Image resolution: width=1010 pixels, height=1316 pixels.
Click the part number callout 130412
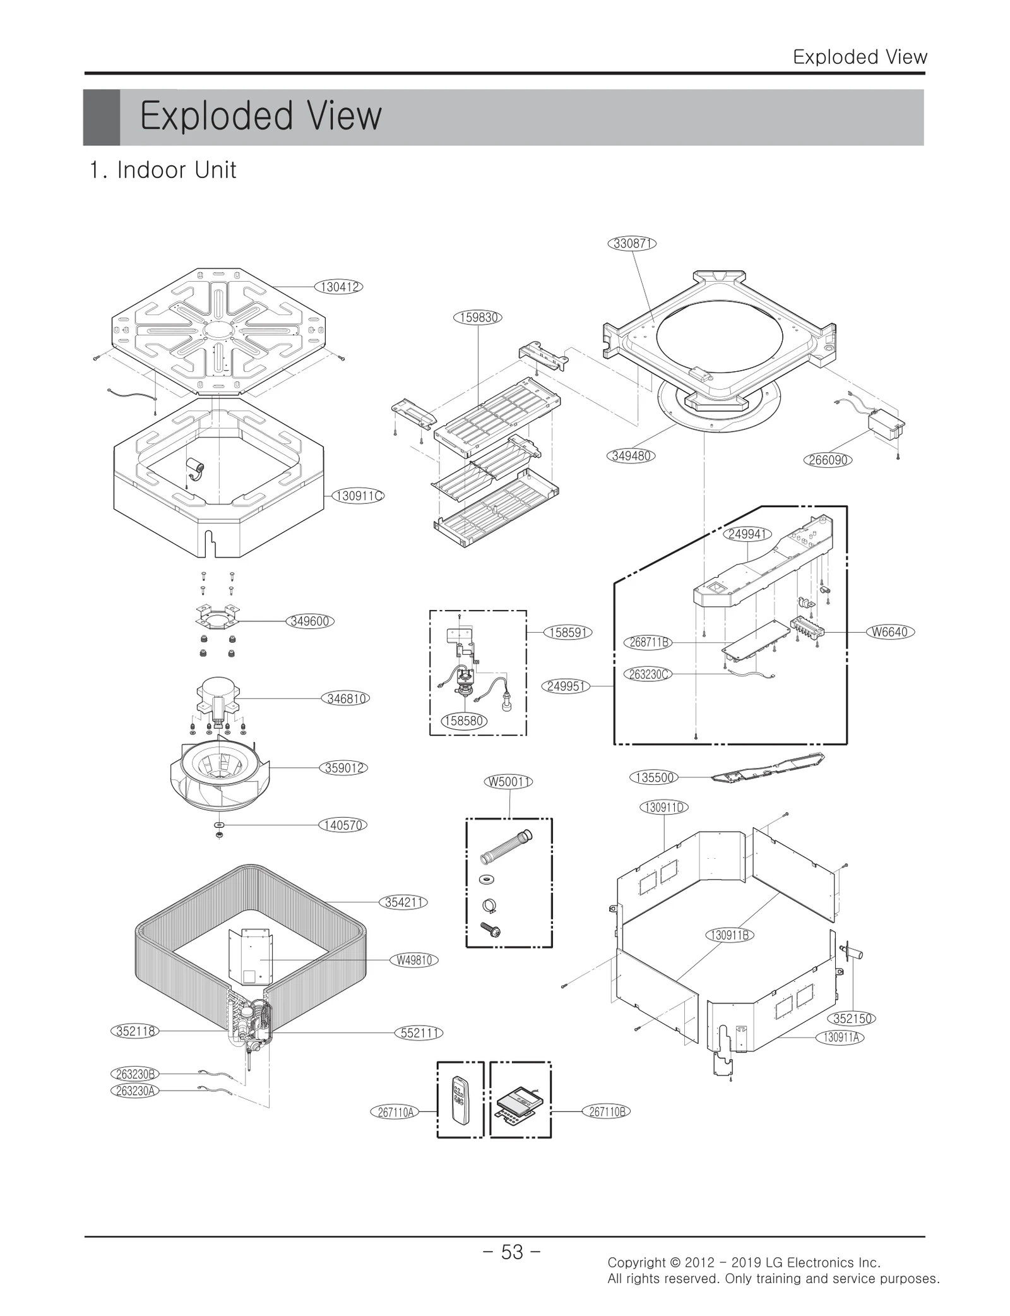coord(340,287)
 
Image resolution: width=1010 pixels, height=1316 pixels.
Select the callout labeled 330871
coord(632,243)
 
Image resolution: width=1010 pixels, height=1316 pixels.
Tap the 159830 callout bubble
coord(477,317)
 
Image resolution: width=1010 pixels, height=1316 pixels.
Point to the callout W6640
coord(889,631)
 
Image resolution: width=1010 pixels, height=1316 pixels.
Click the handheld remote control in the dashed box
coord(460,1101)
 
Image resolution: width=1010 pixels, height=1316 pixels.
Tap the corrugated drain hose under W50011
coord(507,847)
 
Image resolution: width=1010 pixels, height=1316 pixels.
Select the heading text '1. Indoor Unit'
coord(163,170)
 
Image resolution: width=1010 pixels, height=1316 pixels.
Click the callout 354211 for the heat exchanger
coord(403,902)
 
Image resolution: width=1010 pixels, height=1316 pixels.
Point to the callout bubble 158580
coord(464,721)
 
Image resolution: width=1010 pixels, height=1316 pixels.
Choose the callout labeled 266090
coord(828,460)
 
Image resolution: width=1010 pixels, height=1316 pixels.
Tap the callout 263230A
coord(134,1091)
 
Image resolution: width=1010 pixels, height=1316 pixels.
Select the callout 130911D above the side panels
coord(663,807)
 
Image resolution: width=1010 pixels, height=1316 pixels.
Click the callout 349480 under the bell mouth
coord(631,455)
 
